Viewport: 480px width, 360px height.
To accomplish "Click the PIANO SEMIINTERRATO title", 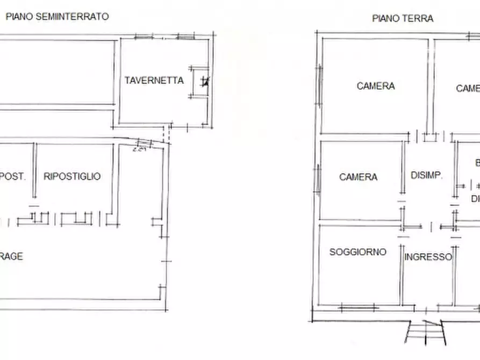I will click(x=57, y=17).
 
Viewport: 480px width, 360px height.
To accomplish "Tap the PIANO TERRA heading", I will click(x=403, y=18).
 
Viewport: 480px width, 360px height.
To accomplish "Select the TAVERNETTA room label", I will click(x=154, y=81).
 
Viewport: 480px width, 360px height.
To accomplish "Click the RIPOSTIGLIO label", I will click(x=72, y=176).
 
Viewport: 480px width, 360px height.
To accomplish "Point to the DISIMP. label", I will click(x=426, y=175).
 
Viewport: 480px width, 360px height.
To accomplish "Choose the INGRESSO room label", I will click(x=428, y=257).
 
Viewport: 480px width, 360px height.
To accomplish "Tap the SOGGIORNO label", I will click(x=357, y=251).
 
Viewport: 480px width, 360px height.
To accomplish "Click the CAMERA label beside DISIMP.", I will click(x=358, y=177).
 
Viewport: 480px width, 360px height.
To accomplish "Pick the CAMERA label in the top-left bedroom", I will click(x=376, y=85).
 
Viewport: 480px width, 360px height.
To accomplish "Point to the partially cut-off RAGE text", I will click(x=11, y=257).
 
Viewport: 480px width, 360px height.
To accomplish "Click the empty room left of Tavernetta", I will click(x=56, y=73).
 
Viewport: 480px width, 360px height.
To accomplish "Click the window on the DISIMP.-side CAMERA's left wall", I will click(x=319, y=178).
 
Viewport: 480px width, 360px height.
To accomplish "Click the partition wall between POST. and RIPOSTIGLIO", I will click(x=34, y=171).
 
